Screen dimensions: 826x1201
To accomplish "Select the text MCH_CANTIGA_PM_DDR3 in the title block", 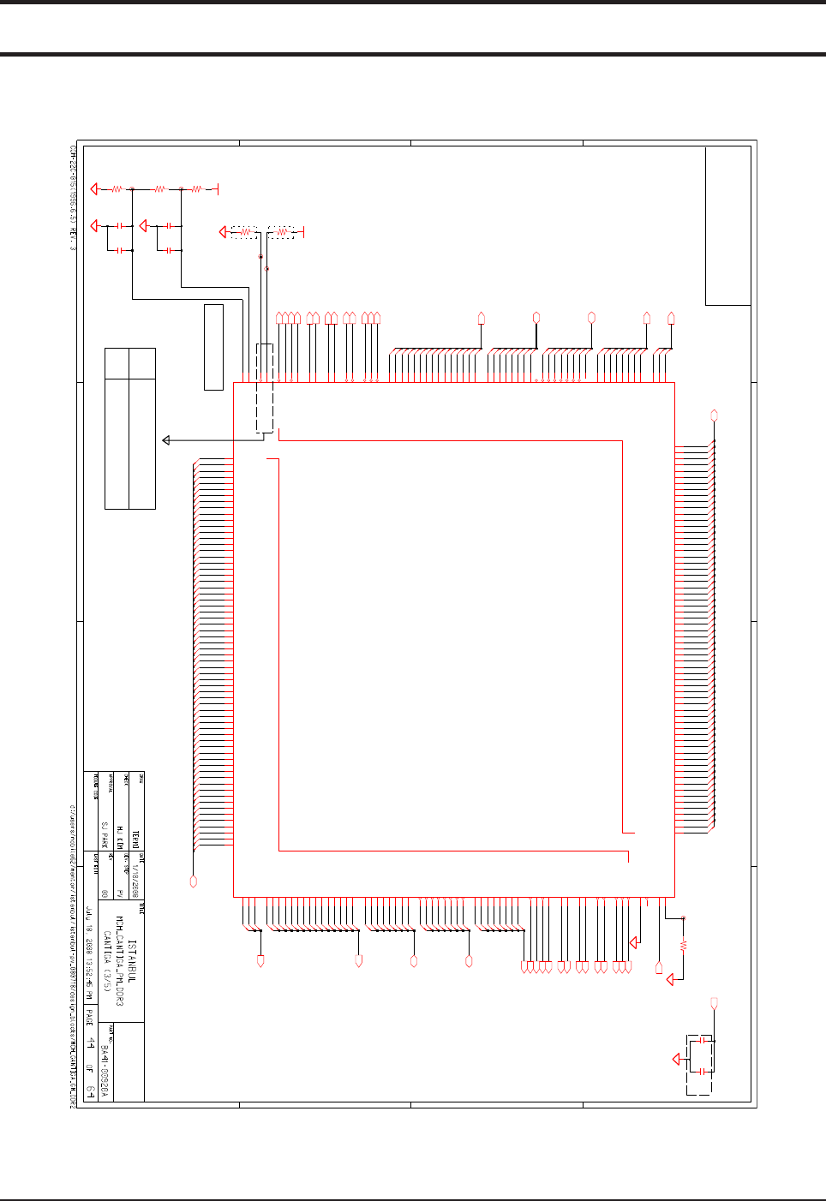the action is pos(120,954).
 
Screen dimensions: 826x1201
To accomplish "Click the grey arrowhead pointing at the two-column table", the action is pos(167,440).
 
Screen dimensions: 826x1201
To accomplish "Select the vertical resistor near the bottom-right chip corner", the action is pos(683,947).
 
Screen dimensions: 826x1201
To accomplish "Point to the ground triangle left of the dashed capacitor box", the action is pos(677,1060).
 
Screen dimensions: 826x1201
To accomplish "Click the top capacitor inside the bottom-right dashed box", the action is pos(703,1040).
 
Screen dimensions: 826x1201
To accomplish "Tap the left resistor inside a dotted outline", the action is pos(246,232).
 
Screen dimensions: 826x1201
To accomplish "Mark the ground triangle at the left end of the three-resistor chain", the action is pos(95,188).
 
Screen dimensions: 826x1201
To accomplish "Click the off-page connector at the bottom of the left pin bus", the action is pos(194,881).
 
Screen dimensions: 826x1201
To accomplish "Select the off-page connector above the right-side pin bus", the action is pos(714,415).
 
